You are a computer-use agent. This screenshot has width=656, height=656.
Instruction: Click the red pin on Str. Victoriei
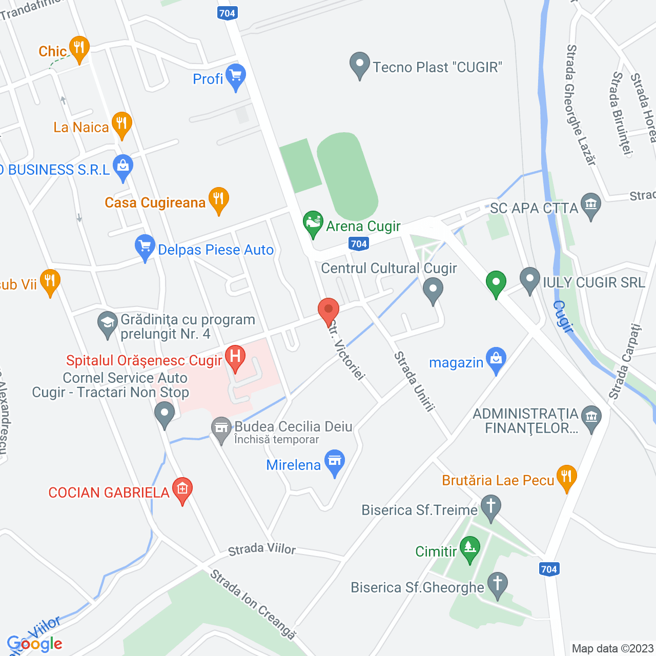point(329,310)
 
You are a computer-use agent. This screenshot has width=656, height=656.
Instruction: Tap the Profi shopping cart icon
point(235,76)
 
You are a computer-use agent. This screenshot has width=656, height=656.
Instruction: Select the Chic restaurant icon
point(78,48)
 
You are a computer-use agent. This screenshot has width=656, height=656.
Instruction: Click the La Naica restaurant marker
point(121,124)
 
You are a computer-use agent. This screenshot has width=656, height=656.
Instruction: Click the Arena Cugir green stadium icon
point(313,223)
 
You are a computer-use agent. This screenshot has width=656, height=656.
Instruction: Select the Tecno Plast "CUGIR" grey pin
point(359,64)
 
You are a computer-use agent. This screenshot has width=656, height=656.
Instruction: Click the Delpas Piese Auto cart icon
point(145,247)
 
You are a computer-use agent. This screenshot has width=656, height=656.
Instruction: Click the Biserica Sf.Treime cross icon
point(490,506)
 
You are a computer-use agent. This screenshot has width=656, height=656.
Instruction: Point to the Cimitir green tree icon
point(469,548)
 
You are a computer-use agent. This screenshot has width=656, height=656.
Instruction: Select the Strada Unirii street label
point(414,381)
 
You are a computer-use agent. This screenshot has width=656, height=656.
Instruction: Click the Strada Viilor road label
point(262,549)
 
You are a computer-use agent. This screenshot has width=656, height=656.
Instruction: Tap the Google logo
point(35,644)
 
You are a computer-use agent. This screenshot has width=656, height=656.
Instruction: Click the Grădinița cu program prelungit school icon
point(108,323)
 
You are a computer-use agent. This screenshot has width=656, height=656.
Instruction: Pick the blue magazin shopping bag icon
point(496,359)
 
